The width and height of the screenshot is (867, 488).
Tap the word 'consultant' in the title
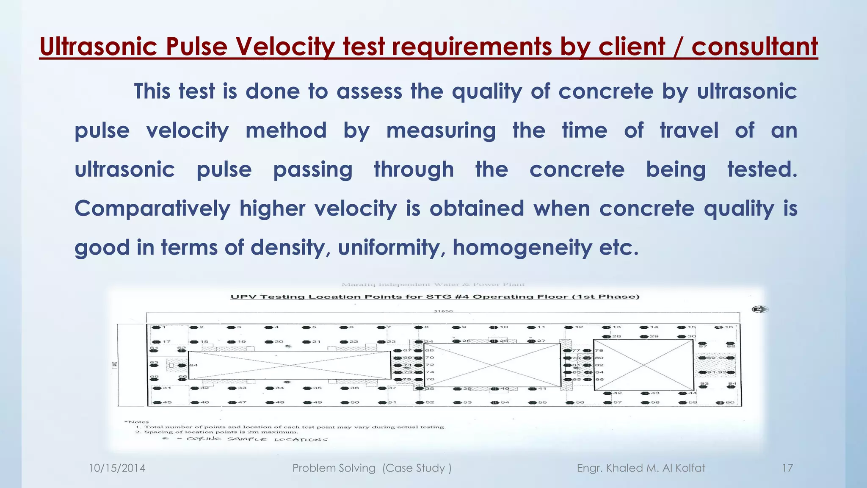tap(754, 47)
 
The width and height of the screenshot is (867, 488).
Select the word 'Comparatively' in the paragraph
tap(152, 208)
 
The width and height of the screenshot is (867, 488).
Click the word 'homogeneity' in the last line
tap(522, 247)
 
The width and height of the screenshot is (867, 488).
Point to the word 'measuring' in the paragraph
tap(441, 130)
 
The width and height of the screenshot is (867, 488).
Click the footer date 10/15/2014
tap(117, 468)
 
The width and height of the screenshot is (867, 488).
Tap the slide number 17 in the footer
tap(787, 468)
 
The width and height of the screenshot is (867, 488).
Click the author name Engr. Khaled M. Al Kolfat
tap(641, 468)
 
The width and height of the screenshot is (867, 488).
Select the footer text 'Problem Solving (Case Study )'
tap(372, 468)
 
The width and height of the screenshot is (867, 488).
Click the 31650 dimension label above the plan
tap(443, 311)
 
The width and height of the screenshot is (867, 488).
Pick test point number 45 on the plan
tap(157, 402)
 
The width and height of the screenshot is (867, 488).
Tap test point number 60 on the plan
tap(721, 403)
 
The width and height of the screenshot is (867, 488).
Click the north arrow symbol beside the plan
tap(759, 310)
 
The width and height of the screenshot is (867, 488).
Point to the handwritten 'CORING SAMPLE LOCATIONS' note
tap(257, 439)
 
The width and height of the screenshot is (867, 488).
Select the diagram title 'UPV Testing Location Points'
tap(435, 297)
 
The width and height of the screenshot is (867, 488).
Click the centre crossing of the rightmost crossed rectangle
tap(643, 365)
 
